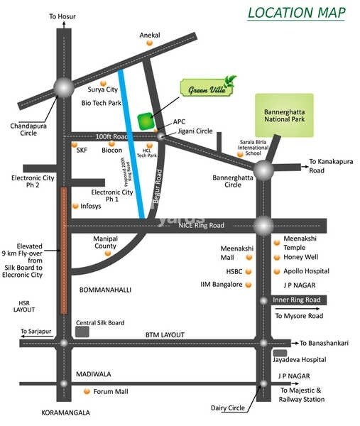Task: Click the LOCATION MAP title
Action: [298, 13]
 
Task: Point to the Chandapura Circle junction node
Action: [64, 88]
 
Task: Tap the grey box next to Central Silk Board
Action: [83, 332]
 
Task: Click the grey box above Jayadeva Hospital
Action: [281, 353]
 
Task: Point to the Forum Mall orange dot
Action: [87, 392]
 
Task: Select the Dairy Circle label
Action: [228, 408]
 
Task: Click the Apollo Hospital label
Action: [307, 271]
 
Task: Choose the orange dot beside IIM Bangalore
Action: [249, 285]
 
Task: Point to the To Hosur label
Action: [62, 15]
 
